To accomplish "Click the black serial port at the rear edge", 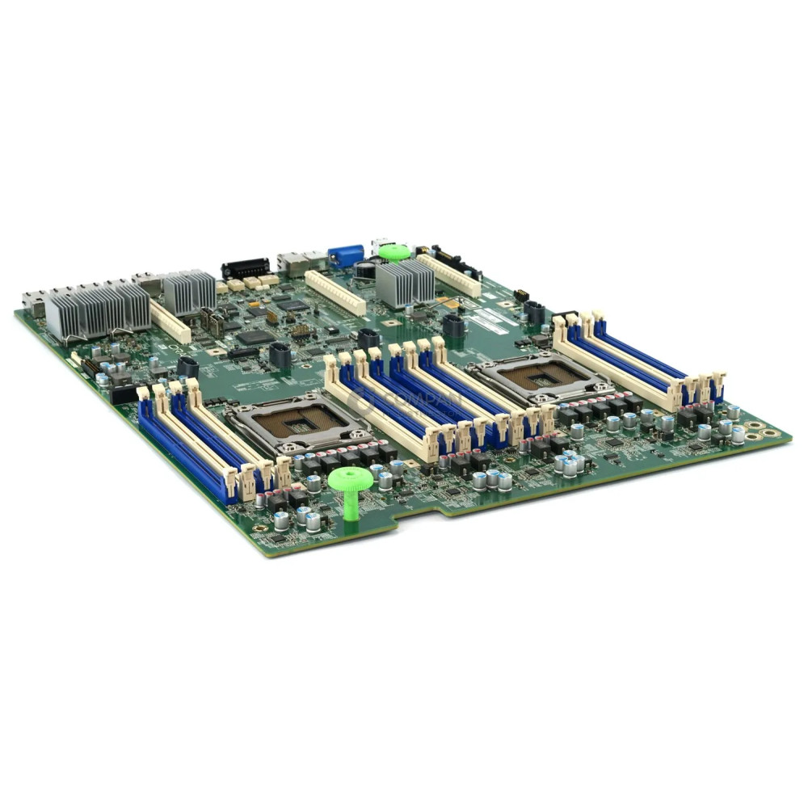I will click(244, 268).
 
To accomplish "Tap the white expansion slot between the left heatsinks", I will click(170, 322).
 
